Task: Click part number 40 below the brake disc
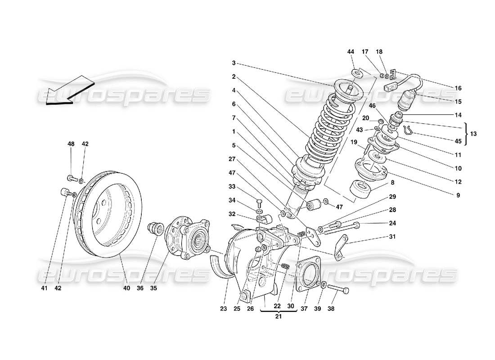126,288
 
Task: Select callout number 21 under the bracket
278,318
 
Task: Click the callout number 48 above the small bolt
71,144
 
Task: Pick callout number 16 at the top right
458,88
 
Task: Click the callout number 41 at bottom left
42,288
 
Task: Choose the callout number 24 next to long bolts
392,223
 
